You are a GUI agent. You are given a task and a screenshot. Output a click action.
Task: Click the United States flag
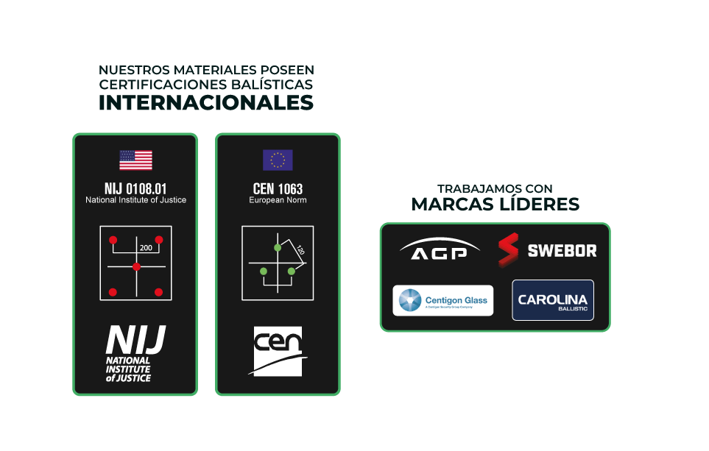[x=135, y=160]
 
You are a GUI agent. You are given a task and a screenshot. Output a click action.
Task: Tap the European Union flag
[x=278, y=160]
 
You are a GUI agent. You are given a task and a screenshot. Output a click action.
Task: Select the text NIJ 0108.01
[x=135, y=188]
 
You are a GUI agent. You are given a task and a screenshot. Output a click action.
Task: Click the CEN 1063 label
[x=278, y=189]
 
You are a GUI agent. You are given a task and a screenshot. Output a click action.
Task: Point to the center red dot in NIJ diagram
[x=136, y=266]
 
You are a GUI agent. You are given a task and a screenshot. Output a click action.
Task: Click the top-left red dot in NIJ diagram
[x=113, y=240]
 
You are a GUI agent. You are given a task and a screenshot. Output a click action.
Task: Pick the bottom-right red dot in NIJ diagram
[x=158, y=292]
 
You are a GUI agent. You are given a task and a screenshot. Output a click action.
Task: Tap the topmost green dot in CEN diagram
[x=278, y=247]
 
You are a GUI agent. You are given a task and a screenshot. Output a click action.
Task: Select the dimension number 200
[x=146, y=248]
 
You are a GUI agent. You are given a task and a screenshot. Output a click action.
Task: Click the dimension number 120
[x=300, y=250]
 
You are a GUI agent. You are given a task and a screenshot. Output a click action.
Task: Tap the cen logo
[x=278, y=351]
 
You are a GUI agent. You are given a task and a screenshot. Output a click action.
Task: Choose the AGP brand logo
[x=439, y=250]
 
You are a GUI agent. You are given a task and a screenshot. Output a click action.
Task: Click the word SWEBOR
[x=562, y=251]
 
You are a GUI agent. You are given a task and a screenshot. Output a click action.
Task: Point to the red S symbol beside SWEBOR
[x=508, y=250]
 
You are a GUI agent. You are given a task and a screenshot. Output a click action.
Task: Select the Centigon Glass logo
[x=442, y=300]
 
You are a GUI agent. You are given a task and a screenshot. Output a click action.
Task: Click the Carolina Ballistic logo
[x=552, y=300]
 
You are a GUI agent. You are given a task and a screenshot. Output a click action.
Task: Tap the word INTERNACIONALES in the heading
[x=206, y=102]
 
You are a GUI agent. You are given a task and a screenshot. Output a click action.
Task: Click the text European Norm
[x=278, y=200]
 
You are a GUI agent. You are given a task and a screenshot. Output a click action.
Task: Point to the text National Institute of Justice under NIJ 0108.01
[x=135, y=200]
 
